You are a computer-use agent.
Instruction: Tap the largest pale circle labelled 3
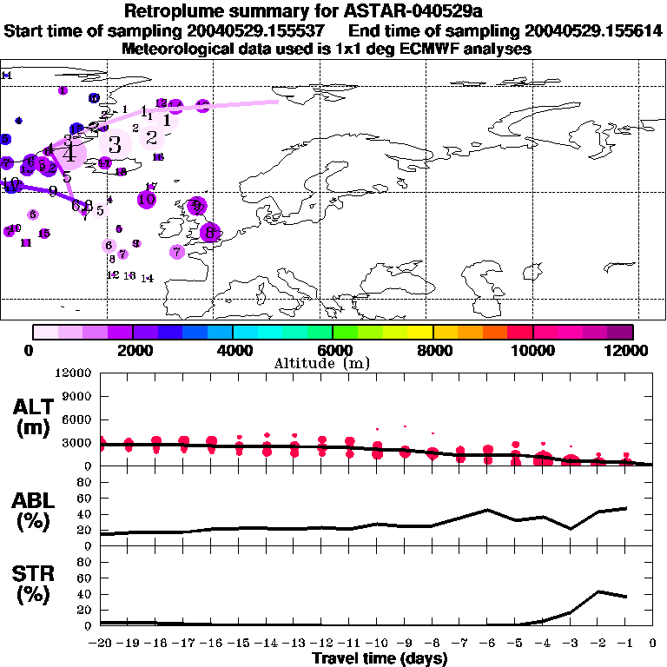[114, 145]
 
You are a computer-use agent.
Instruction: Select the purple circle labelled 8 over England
[209, 233]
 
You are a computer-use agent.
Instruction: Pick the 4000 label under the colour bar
[232, 350]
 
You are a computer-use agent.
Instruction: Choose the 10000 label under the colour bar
[532, 350]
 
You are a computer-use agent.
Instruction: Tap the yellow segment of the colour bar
[419, 332]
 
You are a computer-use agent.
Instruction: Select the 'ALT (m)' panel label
[33, 417]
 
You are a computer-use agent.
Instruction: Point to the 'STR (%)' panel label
[33, 594]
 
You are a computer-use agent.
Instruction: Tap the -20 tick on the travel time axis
[100, 644]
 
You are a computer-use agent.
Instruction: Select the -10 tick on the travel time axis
[376, 644]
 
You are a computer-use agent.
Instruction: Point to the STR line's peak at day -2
[598, 591]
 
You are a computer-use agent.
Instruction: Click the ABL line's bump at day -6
[488, 510]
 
